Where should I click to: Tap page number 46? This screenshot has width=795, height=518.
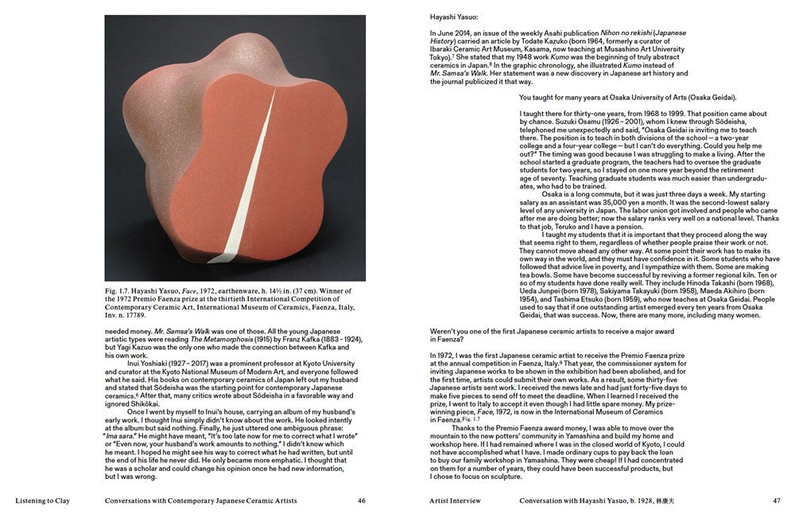[361, 500]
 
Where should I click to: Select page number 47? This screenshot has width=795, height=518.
[776, 500]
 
